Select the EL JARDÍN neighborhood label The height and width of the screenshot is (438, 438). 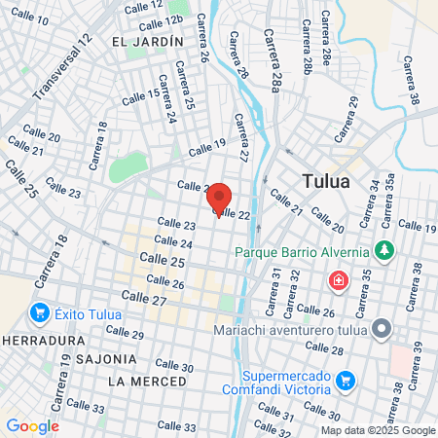tap(148, 42)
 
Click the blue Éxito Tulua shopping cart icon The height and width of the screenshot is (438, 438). tap(39, 312)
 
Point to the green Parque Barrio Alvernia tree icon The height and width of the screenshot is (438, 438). tap(385, 251)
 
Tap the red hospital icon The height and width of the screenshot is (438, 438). tap(338, 281)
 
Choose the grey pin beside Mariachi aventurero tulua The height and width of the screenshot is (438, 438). tap(382, 329)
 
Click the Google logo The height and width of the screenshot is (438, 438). tap(32, 425)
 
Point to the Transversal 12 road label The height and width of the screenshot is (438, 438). tap(61, 67)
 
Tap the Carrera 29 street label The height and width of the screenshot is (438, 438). tap(347, 117)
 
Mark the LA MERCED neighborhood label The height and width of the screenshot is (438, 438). tap(147, 380)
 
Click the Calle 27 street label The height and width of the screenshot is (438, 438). tap(145, 300)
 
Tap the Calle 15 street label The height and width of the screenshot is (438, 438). tap(141, 95)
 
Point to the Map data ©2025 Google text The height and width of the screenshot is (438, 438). tap(379, 430)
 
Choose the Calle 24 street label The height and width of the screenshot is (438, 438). tap(173, 242)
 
